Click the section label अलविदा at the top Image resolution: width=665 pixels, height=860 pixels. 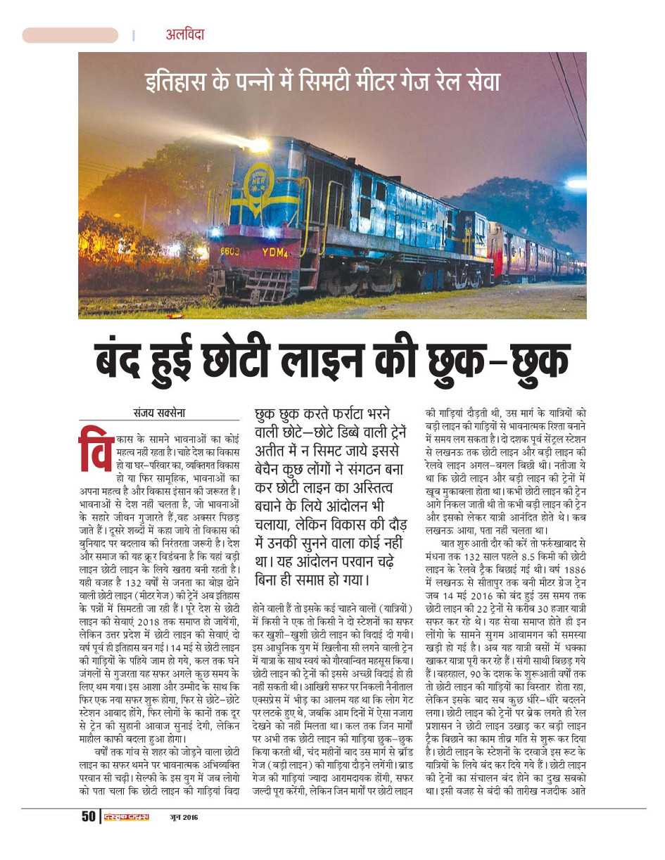185,34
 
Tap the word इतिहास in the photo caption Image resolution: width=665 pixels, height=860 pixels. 179,82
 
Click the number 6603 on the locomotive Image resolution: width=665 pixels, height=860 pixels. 231,250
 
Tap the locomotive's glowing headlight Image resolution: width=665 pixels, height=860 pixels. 260,145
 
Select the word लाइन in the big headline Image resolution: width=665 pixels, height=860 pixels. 326,361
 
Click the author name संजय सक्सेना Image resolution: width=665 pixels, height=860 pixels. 160,413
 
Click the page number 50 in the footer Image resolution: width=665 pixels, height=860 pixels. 89,816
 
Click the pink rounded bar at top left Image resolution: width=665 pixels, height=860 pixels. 70,35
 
